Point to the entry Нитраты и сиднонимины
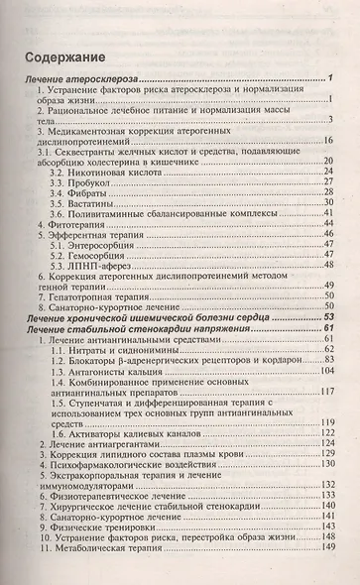[112, 380]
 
